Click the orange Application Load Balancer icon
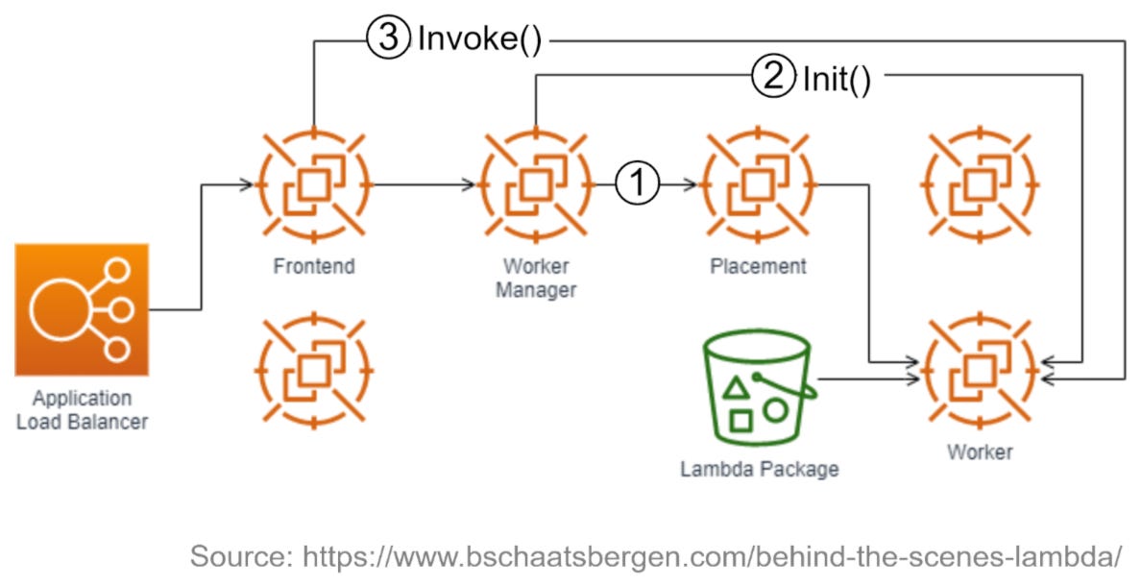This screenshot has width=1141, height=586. (82, 309)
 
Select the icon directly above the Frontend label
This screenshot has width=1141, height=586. (313, 183)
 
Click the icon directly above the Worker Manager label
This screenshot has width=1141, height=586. (535, 183)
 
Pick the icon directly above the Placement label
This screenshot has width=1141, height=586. (758, 183)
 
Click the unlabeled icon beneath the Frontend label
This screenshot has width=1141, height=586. (313, 368)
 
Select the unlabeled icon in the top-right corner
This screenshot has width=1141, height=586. (980, 183)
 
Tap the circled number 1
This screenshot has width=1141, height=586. (638, 183)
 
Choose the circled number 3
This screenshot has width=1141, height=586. (388, 40)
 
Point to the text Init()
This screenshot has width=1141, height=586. (837, 79)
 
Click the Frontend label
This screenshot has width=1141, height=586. (313, 266)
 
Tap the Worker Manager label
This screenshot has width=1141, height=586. (535, 277)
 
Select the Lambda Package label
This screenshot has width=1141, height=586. (759, 470)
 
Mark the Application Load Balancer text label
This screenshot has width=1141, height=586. (82, 409)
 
